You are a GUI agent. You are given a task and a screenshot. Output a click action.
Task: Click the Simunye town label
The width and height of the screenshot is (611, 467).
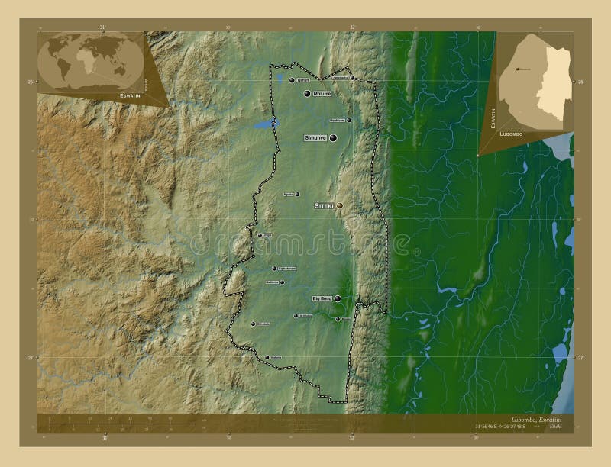point(315,137)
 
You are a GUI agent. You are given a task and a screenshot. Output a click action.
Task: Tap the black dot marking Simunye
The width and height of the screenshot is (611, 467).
point(333,137)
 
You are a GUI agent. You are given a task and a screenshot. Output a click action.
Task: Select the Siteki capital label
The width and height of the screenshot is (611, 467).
point(325,205)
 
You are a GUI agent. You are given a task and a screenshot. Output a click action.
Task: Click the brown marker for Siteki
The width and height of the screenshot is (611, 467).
point(339,205)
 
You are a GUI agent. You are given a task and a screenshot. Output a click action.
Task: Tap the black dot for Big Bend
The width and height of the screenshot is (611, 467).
point(337,298)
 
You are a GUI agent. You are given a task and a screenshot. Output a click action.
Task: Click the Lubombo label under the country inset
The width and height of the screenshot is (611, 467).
point(512,133)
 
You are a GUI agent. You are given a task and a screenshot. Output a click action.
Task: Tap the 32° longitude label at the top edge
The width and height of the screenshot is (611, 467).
point(352,27)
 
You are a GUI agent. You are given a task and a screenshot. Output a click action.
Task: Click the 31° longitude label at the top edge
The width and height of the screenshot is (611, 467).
point(102,27)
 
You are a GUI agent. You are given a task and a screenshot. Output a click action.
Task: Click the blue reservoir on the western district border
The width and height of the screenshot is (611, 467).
point(264,124)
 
